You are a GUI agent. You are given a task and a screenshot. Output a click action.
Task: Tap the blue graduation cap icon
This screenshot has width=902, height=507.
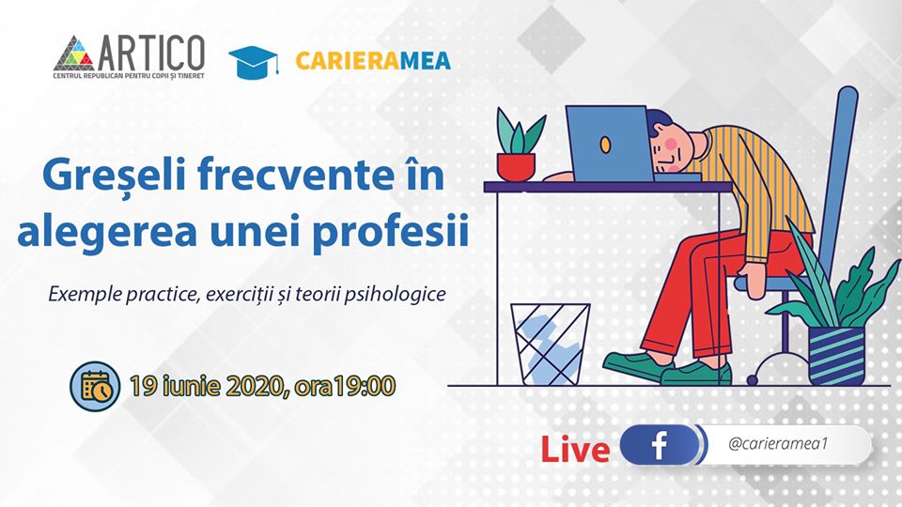(254, 62)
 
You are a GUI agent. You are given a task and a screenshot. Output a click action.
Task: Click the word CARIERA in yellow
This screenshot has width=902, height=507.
(348, 61)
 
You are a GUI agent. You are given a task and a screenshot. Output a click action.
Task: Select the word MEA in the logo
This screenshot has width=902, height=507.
(426, 61)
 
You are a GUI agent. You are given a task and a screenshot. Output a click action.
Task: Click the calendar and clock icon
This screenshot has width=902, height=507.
(96, 386)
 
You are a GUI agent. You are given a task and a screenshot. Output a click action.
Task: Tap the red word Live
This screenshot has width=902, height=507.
(575, 450)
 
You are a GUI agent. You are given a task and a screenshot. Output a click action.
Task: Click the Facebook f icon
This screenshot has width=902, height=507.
(660, 445)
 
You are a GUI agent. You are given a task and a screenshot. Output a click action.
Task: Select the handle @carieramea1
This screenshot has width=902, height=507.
(778, 444)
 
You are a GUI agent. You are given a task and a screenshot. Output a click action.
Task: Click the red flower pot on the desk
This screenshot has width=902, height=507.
(516, 167)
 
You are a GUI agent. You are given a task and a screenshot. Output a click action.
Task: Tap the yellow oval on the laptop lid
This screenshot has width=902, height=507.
(605, 145)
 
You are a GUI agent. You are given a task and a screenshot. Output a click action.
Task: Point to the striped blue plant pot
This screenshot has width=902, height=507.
(836, 356)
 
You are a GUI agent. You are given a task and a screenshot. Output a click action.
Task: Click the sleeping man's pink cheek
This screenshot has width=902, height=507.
(670, 143)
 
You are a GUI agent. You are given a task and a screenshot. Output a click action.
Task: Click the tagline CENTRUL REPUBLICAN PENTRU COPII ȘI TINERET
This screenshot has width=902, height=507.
(129, 76)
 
